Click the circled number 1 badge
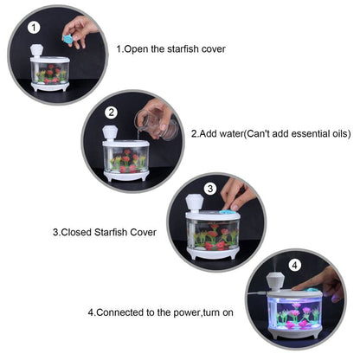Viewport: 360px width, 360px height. tap(34, 28)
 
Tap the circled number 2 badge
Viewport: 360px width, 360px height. tap(112, 112)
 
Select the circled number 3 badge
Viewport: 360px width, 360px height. tap(210, 189)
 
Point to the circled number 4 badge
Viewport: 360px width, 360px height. tap(294, 265)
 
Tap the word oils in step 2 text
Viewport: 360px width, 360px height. tap(338, 133)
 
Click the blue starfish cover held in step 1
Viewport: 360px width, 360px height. tap(68, 39)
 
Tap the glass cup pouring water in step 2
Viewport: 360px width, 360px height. tap(156, 125)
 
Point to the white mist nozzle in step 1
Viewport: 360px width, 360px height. tap(36, 51)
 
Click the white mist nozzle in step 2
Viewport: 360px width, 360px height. tap(108, 133)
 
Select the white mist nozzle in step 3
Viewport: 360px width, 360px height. tap(195, 203)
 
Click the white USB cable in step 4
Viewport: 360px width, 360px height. tap(256, 292)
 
